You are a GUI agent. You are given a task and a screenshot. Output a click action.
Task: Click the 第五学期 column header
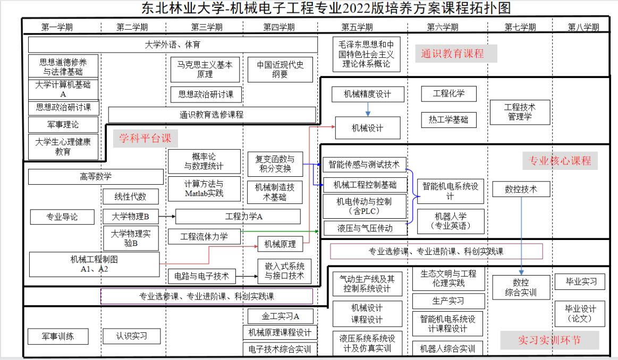click(x=357, y=27)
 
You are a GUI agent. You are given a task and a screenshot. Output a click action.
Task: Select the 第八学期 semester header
click(x=583, y=27)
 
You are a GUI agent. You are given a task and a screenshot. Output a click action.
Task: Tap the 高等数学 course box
click(x=96, y=177)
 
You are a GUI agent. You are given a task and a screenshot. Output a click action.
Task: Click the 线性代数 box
click(x=130, y=196)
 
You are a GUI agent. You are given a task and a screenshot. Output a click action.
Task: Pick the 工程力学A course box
click(x=244, y=217)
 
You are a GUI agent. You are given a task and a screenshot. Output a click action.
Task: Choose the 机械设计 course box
click(x=368, y=128)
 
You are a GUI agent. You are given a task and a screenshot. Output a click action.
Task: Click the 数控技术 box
click(x=521, y=189)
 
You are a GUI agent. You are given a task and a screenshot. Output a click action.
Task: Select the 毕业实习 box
click(x=580, y=281)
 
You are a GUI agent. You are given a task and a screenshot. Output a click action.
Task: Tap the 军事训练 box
click(x=58, y=336)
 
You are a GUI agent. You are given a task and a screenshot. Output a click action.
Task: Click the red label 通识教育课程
click(x=453, y=54)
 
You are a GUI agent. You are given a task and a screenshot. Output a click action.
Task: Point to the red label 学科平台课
click(x=145, y=139)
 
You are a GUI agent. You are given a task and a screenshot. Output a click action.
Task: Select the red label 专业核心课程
click(x=560, y=161)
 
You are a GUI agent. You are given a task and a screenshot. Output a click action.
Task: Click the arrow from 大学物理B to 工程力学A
click(x=166, y=217)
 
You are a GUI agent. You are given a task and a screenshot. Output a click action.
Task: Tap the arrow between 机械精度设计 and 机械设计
click(x=368, y=109)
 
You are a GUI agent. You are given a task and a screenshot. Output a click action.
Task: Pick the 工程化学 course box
click(x=448, y=94)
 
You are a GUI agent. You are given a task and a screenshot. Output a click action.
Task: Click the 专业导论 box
click(x=62, y=217)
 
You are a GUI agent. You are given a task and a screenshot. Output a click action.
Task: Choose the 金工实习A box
click(x=280, y=316)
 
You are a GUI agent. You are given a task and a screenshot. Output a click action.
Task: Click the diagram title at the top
click(x=318, y=8)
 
